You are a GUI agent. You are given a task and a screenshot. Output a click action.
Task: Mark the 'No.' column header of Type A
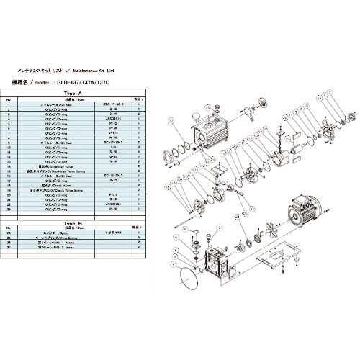pyautogui.click(x=9, y=100)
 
